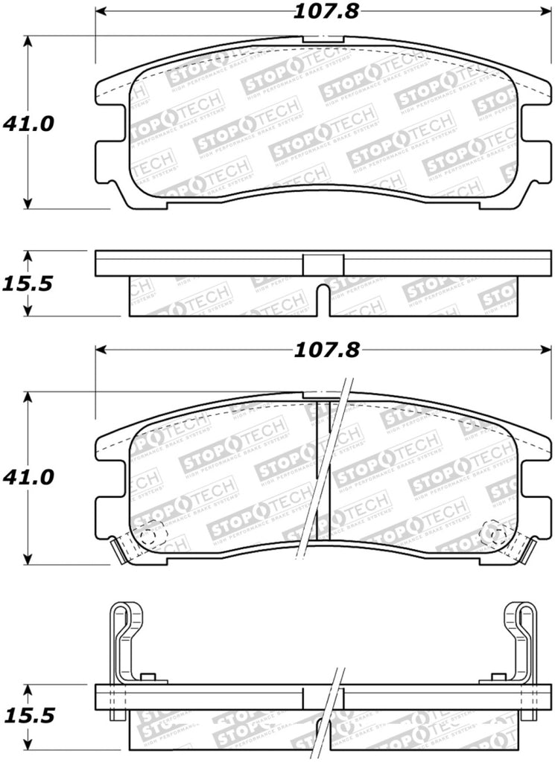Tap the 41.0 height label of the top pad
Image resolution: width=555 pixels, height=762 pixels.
tap(29, 124)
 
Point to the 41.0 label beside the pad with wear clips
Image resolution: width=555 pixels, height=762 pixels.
tap(29, 477)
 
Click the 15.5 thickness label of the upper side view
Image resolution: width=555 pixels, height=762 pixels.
tap(29, 284)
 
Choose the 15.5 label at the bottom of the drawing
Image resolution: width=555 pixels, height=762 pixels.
tap(29, 716)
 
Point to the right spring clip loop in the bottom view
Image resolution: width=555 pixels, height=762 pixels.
tap(519, 625)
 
